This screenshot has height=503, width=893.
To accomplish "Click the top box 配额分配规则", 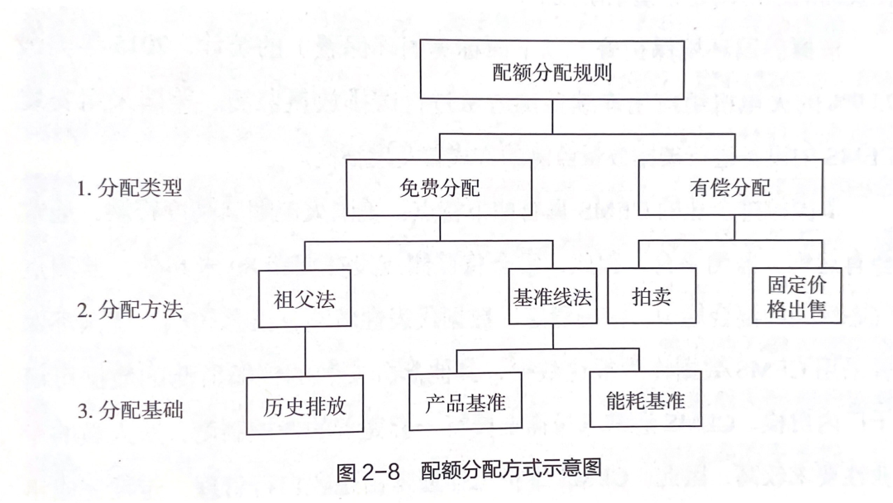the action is [552, 70].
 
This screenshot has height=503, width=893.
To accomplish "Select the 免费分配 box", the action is [439, 188].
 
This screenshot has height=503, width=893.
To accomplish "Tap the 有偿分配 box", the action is [730, 188].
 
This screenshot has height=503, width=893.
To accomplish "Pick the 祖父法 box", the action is [304, 299].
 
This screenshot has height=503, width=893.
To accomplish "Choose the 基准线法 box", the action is [552, 296].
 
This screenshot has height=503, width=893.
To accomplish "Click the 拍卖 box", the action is [652, 296].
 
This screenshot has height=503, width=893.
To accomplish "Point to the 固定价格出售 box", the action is [797, 295].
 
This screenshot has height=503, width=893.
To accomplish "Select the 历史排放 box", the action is [304, 405].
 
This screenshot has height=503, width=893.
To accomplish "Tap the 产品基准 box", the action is [466, 401].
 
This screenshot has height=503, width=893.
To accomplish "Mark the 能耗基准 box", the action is [645, 400].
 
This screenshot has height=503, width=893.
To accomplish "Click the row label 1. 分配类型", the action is [130, 188].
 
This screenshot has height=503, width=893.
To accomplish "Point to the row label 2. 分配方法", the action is [130, 310].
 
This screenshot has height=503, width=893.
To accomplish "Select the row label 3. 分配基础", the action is [131, 410].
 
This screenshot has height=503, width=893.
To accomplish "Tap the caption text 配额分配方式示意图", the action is [512, 469].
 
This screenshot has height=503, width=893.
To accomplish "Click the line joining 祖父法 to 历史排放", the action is [304, 352].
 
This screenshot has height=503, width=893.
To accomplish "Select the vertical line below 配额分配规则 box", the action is [552, 117].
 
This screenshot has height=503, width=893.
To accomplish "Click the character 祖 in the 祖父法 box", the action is [284, 299].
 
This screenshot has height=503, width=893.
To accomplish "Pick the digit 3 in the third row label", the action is [82, 411].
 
